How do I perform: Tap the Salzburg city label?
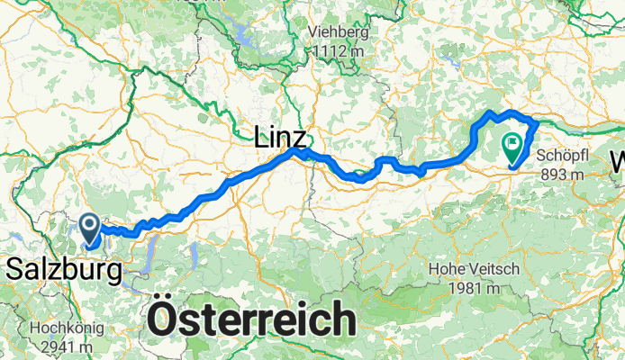(62, 267)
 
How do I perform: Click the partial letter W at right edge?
(619, 163)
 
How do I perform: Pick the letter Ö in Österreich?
(160, 319)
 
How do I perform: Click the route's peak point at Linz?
(294, 152)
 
